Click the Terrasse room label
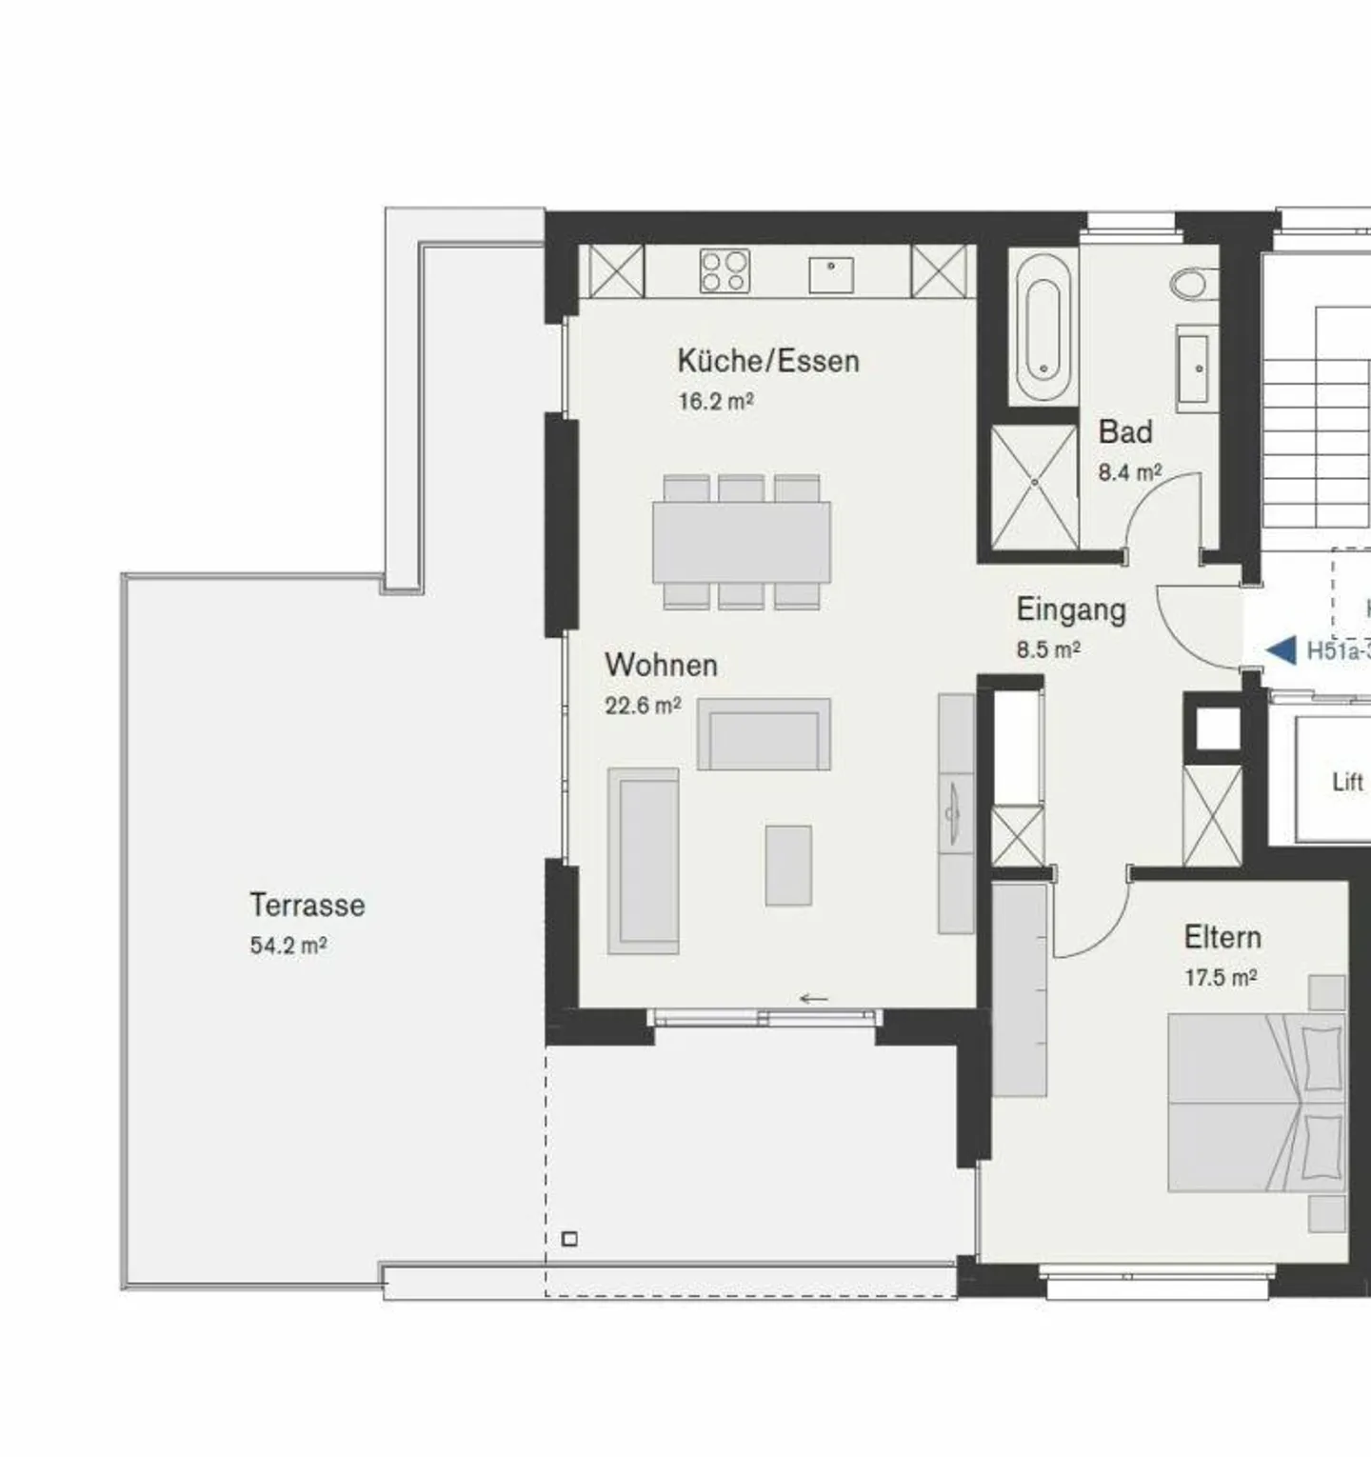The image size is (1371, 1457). click(307, 905)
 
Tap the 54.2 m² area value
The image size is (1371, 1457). click(288, 946)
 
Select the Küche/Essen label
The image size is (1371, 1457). click(767, 361)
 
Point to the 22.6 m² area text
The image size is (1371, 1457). click(643, 706)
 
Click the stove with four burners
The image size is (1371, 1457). click(725, 270)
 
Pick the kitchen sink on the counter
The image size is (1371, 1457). click(831, 275)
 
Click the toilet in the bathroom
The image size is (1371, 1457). click(1191, 283)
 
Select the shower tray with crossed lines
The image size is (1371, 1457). click(1033, 486)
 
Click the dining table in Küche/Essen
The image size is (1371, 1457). click(741, 542)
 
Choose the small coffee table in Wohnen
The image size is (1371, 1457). click(788, 865)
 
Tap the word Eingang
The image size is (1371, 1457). click(1070, 609)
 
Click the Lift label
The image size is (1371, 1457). click(1347, 783)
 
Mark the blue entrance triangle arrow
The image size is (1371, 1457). click(1282, 650)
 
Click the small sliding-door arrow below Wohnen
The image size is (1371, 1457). click(813, 999)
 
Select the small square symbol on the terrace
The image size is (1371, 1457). click(569, 1239)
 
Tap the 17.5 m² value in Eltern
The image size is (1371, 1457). click(1220, 977)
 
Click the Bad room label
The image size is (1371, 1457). click(1124, 431)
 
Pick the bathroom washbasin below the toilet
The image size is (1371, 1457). click(1197, 368)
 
